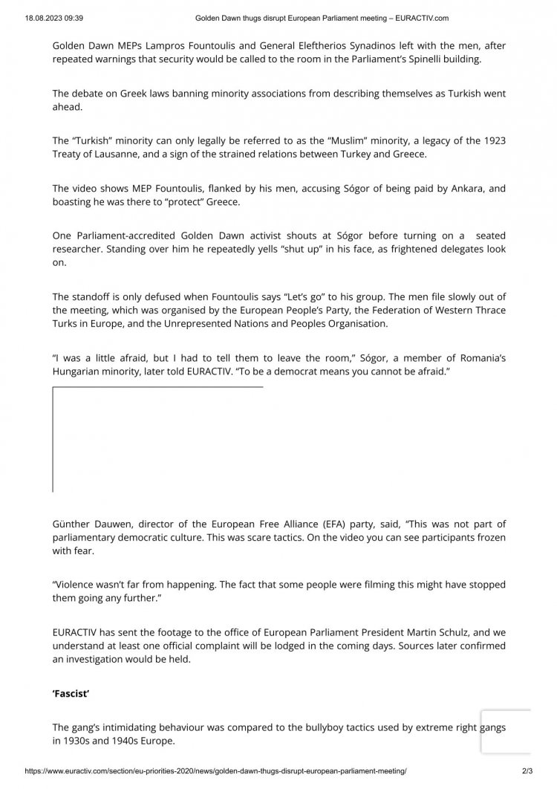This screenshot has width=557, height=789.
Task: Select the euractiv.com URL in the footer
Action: pyautogui.click(x=216, y=773)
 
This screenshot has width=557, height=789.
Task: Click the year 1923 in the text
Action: pyautogui.click(x=491, y=140)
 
